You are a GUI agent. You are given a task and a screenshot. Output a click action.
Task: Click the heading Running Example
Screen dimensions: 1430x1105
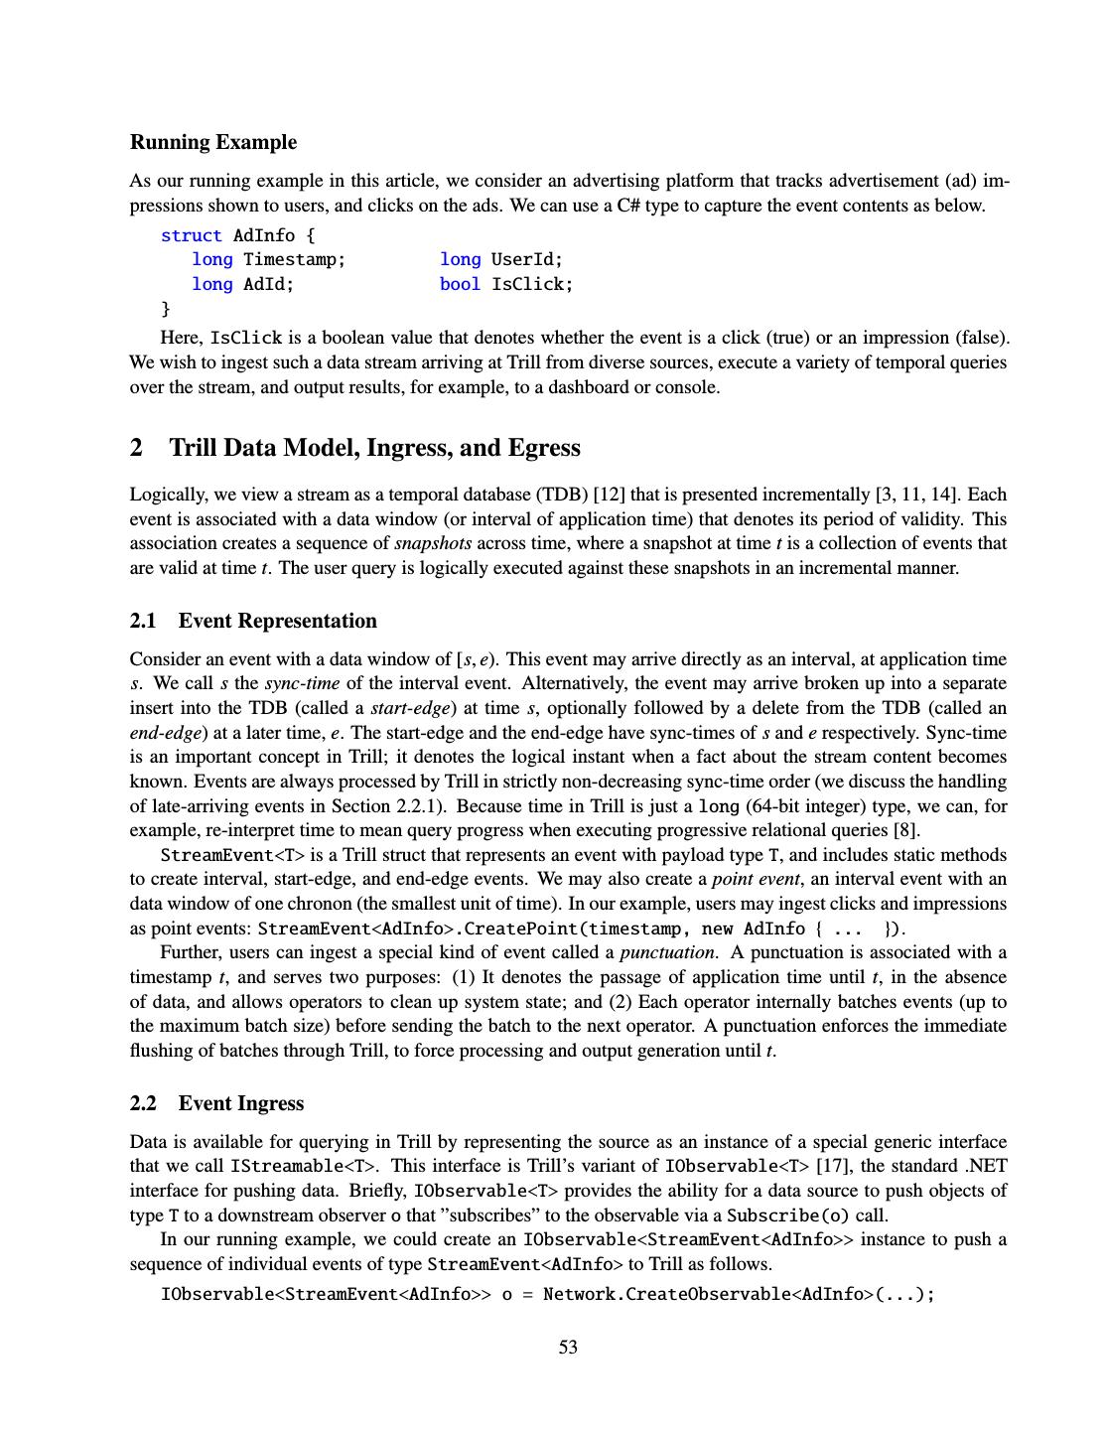pyautogui.click(x=213, y=142)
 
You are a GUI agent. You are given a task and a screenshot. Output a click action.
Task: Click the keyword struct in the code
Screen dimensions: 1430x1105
pyautogui.click(x=192, y=235)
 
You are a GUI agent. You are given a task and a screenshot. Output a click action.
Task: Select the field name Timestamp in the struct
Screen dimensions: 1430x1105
pyautogui.click(x=294, y=260)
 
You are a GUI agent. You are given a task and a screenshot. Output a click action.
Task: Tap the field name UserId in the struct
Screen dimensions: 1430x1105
pyautogui.click(x=526, y=260)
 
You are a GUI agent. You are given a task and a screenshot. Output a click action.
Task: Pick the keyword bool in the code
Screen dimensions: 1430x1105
pyautogui.click(x=460, y=285)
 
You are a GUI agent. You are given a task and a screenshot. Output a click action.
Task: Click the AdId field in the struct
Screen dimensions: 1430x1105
pyautogui.click(x=268, y=285)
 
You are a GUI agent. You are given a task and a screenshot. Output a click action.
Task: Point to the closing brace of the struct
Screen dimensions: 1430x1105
pyautogui.click(x=166, y=309)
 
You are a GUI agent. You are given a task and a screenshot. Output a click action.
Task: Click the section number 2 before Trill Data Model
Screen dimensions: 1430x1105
pyautogui.click(x=136, y=448)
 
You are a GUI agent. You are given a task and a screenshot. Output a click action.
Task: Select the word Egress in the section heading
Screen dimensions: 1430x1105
pyautogui.click(x=544, y=448)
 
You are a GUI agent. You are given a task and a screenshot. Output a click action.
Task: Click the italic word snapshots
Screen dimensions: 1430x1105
pyautogui.click(x=433, y=544)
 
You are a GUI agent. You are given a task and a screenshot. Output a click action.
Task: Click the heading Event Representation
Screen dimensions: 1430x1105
pyautogui.click(x=277, y=622)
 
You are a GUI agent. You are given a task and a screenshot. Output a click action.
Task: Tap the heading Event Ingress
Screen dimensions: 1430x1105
pyautogui.click(x=241, y=1103)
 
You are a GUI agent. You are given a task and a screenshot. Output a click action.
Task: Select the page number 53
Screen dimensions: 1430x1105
pyautogui.click(x=568, y=1348)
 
